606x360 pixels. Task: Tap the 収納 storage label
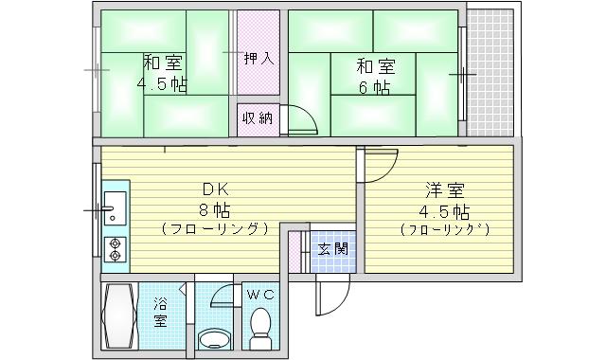pos(258,118)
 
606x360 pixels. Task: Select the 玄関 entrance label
pos(331,250)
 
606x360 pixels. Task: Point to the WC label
pos(260,295)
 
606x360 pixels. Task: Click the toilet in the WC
pos(259,329)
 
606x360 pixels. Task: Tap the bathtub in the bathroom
pos(119,318)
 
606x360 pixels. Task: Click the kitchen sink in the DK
pos(115,205)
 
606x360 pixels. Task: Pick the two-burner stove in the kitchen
pos(116,246)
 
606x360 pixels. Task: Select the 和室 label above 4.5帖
pos(163,63)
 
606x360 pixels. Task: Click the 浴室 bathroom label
pos(160,312)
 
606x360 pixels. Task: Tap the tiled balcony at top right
pos(491,71)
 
